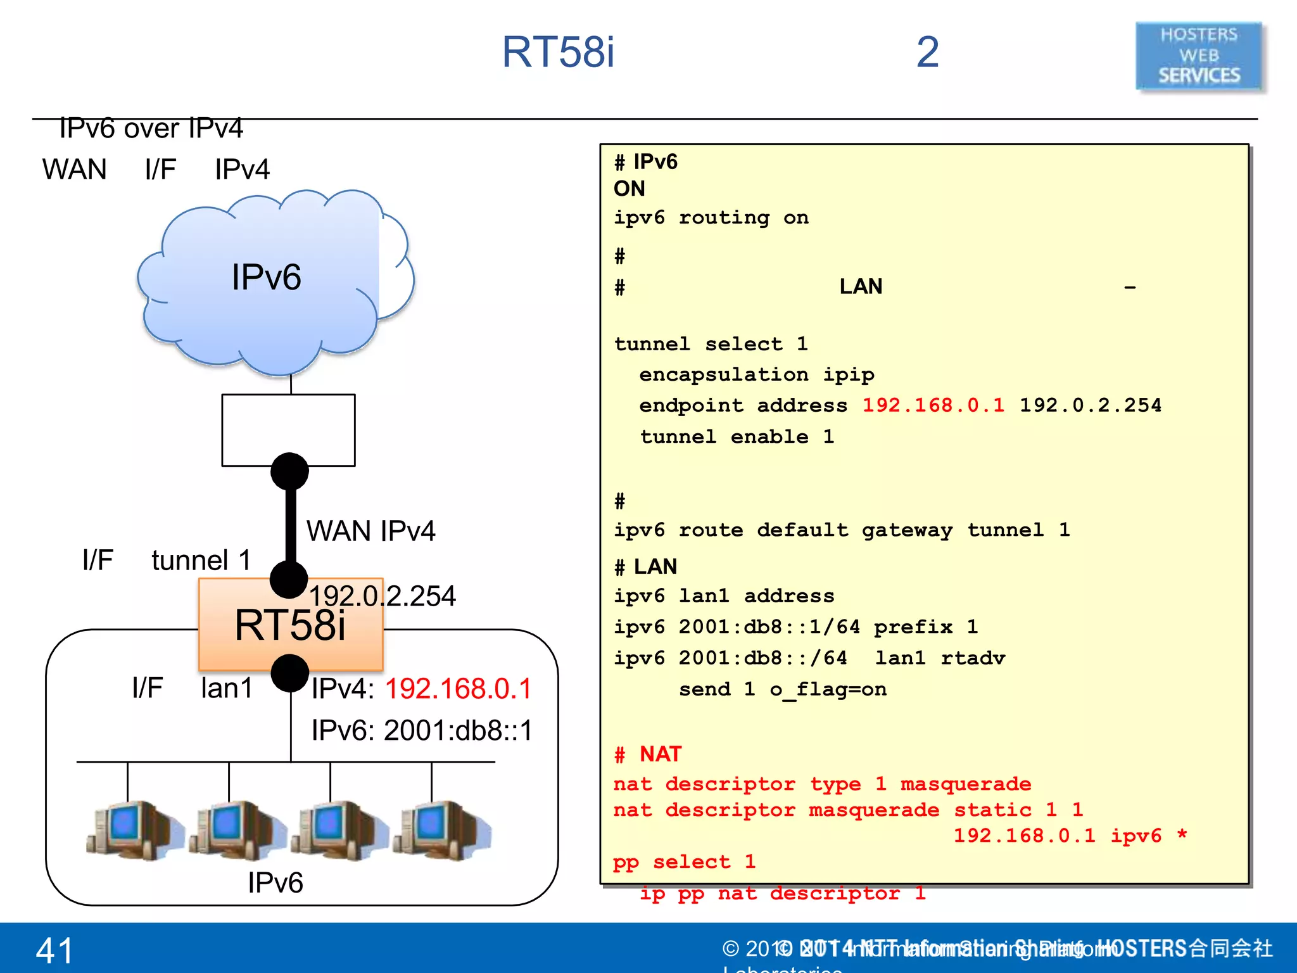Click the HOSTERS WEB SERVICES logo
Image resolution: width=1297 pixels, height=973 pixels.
(x=1199, y=56)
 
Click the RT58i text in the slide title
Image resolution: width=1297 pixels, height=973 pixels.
(x=558, y=52)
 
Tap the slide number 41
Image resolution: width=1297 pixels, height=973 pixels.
(x=54, y=950)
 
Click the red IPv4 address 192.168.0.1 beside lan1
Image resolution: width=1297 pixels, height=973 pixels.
(x=459, y=689)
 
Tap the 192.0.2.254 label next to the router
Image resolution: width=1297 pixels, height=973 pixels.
(x=383, y=596)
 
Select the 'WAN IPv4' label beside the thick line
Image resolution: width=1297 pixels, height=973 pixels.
(x=370, y=531)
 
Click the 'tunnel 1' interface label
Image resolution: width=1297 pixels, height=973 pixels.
(x=201, y=560)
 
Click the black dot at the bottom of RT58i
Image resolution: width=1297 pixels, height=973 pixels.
(x=289, y=673)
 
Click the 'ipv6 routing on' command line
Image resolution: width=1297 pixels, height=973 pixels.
(x=711, y=218)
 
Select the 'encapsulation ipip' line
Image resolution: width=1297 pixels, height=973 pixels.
(x=756, y=374)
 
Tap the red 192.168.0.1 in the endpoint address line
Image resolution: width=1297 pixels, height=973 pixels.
(x=933, y=405)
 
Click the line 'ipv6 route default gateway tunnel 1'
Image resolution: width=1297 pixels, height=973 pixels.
(x=841, y=530)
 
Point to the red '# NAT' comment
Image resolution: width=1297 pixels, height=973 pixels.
(x=647, y=754)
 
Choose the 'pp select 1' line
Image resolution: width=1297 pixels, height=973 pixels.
(x=684, y=862)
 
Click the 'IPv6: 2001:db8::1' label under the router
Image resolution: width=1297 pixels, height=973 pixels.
(x=422, y=730)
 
